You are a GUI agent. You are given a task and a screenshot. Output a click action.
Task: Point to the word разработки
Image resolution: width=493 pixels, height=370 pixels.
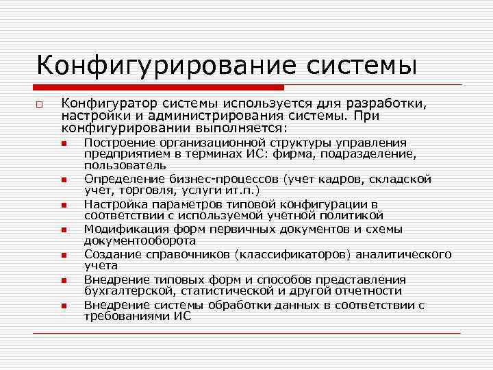(386, 103)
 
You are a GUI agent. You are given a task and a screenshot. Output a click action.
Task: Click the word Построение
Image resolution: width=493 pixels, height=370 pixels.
(117, 143)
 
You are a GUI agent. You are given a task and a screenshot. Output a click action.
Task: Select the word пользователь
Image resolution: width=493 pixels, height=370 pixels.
(125, 165)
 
